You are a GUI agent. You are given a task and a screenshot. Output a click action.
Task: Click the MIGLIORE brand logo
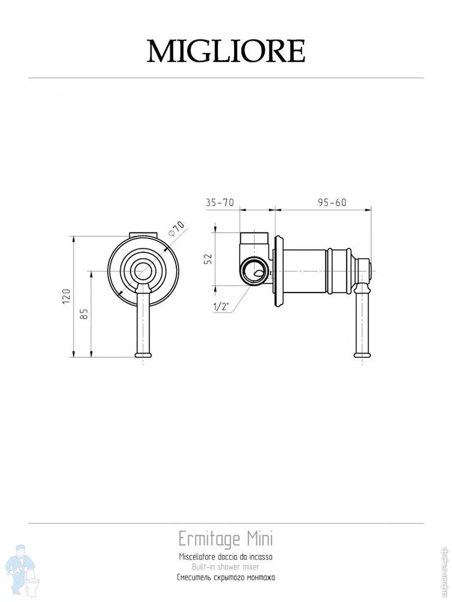coord(226,51)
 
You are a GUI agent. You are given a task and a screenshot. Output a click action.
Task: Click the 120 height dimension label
coord(67,296)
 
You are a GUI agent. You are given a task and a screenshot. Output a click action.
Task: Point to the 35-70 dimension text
coord(220,202)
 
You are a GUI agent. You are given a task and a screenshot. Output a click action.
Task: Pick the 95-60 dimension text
coord(332,202)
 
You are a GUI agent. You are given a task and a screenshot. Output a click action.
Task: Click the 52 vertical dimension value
coord(209,259)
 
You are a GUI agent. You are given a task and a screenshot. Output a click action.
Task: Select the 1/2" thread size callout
coord(221,307)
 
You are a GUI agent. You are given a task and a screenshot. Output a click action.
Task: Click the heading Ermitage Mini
coord(225,539)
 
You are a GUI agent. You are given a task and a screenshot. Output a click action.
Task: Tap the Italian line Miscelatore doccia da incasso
coord(225,557)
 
